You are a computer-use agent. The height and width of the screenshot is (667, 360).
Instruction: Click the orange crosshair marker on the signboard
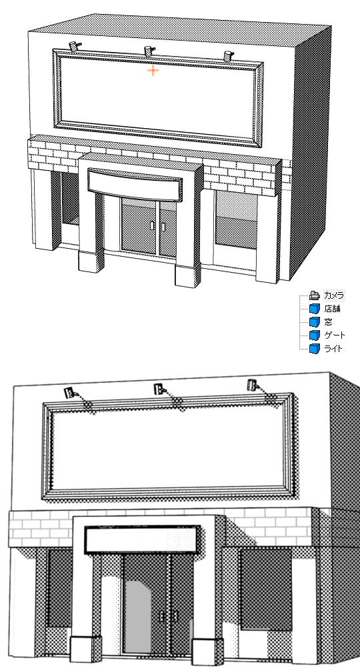pos(153,71)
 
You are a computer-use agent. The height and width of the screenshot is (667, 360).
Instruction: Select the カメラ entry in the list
pos(334,295)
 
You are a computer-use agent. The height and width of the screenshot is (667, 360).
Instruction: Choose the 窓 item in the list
pos(328,322)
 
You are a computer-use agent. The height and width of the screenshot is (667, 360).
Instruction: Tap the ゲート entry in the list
pos(335,336)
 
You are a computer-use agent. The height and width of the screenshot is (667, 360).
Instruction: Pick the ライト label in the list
pos(333,349)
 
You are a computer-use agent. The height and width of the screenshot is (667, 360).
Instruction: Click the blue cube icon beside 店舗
pos(315,309)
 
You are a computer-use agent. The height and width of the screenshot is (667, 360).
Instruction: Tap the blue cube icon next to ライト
pos(315,349)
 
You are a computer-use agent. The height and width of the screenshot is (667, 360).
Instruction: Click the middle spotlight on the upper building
pos(149,51)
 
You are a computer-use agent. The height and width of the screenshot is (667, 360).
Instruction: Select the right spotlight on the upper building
pos(228,55)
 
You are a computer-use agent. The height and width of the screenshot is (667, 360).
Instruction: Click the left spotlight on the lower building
pos(70,392)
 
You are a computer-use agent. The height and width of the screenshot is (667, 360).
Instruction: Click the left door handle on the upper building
pos(153,225)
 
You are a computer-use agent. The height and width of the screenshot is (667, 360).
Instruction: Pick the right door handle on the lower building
pos(175,616)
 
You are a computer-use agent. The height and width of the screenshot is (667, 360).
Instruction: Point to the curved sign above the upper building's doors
pos(135,185)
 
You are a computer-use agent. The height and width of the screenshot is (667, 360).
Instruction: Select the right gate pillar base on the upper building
pos(187,275)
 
